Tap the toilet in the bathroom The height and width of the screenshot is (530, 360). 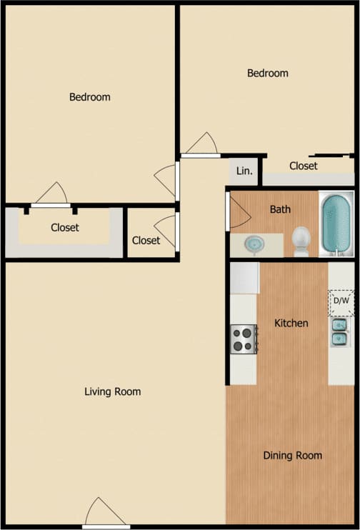[x=301, y=241]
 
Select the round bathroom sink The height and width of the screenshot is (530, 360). [x=254, y=244]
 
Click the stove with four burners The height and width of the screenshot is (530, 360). [x=244, y=339]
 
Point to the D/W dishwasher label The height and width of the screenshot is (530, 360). [x=341, y=301]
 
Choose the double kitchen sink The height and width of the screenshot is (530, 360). [x=339, y=332]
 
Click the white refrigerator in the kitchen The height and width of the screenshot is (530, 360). [x=244, y=278]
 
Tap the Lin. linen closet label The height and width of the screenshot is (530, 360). [x=244, y=171]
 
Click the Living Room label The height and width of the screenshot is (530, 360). [x=113, y=391]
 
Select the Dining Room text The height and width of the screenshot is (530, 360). [x=292, y=455]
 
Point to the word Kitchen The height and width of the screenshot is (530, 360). [x=291, y=323]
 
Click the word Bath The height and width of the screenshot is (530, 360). [x=280, y=210]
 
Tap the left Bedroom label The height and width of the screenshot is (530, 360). [x=90, y=96]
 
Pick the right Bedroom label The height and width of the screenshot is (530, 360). [x=268, y=73]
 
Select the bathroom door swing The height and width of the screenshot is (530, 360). [x=236, y=212]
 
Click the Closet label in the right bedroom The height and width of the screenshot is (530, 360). [x=304, y=166]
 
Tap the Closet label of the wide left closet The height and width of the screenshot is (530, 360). [x=65, y=228]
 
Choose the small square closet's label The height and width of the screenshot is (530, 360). [x=146, y=240]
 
